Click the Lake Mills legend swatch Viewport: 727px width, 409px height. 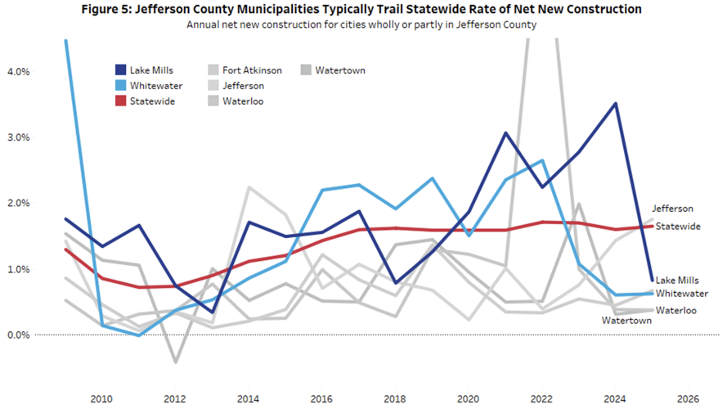(x=120, y=70)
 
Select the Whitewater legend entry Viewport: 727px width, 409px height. (x=149, y=86)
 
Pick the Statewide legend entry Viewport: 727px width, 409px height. (x=145, y=101)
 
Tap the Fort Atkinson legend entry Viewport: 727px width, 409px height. (x=245, y=70)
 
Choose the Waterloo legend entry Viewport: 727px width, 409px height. (x=236, y=101)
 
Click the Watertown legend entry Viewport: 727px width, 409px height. (x=334, y=70)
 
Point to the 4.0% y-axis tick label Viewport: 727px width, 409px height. (x=19, y=71)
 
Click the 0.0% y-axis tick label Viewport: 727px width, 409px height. (x=19, y=335)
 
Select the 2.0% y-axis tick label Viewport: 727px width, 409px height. (x=19, y=203)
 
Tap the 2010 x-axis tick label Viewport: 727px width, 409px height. (x=101, y=399)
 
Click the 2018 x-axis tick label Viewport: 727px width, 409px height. (x=395, y=399)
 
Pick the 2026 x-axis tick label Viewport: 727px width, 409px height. (x=689, y=399)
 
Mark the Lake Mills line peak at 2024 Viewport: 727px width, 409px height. (x=615, y=103)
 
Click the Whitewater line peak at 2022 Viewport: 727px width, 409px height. (x=542, y=160)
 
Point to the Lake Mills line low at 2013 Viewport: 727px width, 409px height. (x=212, y=312)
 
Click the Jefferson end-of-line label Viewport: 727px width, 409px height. (x=673, y=209)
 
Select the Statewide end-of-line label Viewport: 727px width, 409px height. (x=678, y=227)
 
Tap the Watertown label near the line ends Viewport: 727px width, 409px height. (x=627, y=321)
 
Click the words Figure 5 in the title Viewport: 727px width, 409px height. (x=105, y=9)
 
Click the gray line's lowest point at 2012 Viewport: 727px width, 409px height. (x=175, y=362)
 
